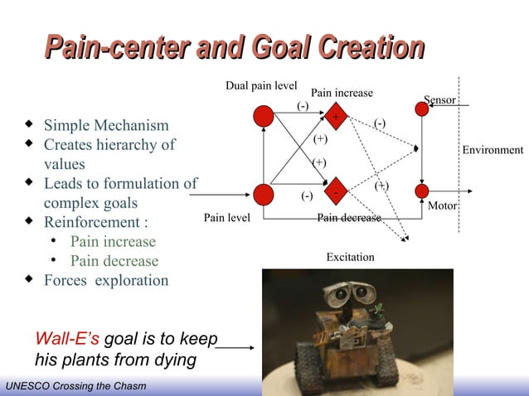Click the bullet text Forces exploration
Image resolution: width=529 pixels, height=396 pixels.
coord(106,280)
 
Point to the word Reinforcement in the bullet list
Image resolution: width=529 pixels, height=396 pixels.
coord(93,222)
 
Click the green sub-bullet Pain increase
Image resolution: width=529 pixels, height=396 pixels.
coord(113,242)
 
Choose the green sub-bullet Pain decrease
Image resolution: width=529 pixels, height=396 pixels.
coord(114,261)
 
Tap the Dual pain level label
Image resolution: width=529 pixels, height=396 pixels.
coord(261,85)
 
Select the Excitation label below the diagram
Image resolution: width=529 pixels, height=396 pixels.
coord(350,258)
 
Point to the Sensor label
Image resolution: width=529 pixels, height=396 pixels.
coord(439,100)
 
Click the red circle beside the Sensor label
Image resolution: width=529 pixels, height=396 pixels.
coord(422,109)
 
